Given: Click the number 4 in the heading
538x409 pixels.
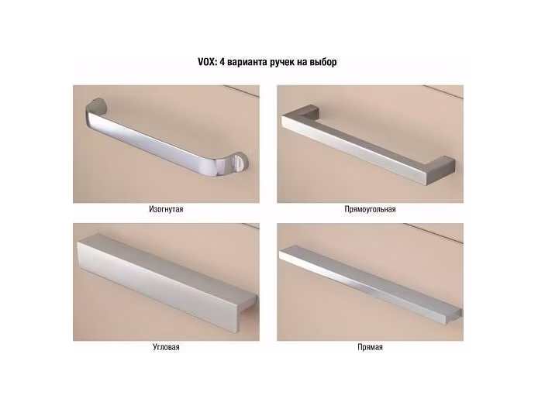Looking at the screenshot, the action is [221, 62].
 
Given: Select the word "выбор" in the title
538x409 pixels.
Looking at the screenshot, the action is [323, 62].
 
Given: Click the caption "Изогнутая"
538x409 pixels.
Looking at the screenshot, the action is [166, 209].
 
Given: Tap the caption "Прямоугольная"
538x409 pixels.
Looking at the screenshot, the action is [370, 209].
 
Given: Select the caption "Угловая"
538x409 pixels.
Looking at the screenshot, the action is [166, 347].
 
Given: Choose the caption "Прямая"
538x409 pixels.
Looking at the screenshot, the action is [370, 347].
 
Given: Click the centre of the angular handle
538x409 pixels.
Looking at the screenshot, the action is [167, 282].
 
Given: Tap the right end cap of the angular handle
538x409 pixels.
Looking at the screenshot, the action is [247, 313].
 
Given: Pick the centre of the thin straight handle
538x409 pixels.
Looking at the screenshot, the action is [371, 284].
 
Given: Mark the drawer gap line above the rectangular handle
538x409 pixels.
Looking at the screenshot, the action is [443, 91].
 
